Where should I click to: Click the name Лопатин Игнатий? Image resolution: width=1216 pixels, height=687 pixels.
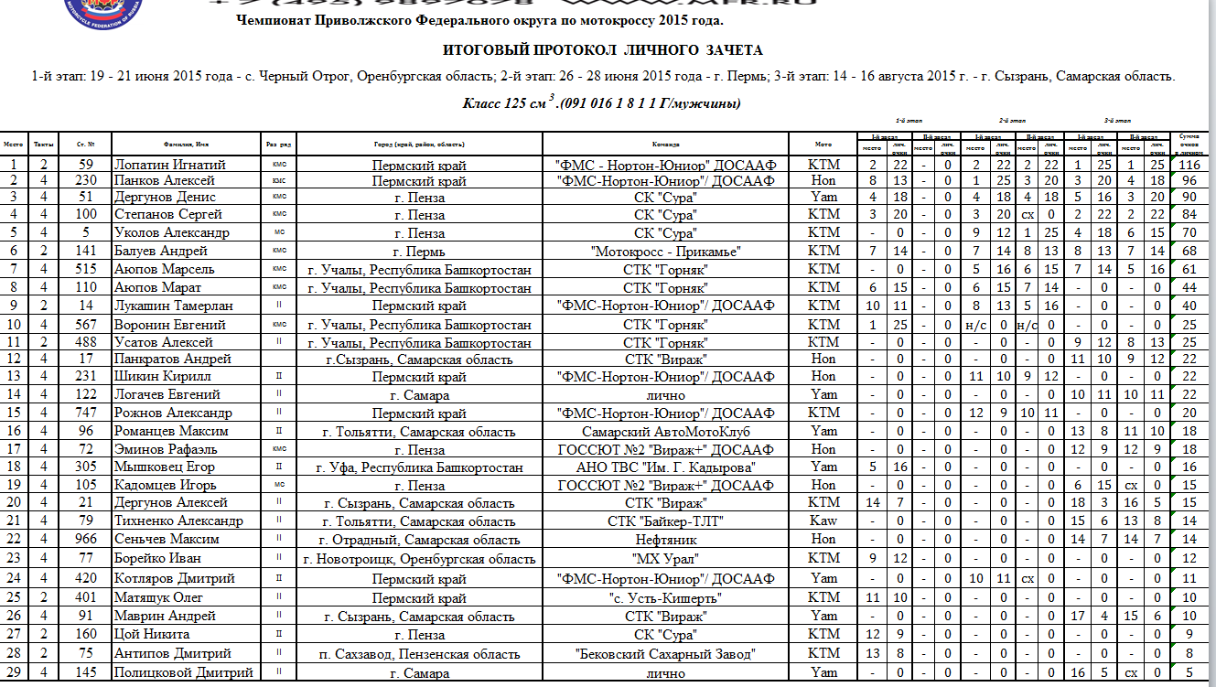pyautogui.click(x=169, y=165)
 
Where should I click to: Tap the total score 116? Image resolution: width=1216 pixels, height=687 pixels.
pyautogui.click(x=1189, y=165)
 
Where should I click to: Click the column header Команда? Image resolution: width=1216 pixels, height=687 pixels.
pyautogui.click(x=665, y=145)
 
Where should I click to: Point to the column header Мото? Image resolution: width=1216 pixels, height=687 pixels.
pyautogui.click(x=823, y=145)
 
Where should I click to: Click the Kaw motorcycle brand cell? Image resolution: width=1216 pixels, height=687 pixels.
pyautogui.click(x=823, y=521)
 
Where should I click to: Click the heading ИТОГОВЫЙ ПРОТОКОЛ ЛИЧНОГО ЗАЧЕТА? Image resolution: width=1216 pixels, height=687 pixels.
pyautogui.click(x=602, y=50)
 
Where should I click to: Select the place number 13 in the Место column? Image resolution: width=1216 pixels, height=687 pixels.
pyautogui.click(x=14, y=376)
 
